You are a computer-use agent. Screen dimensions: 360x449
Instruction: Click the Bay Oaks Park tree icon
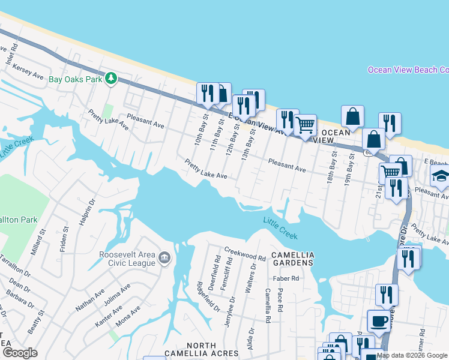click(x=110, y=79)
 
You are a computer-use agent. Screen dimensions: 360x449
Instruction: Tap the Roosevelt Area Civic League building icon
click(x=164, y=259)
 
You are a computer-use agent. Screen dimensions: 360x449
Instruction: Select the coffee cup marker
click(x=378, y=320)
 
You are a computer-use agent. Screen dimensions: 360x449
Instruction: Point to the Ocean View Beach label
click(x=408, y=70)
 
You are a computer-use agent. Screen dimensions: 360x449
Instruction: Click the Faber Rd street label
click(x=286, y=278)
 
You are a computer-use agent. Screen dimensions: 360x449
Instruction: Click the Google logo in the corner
click(x=20, y=352)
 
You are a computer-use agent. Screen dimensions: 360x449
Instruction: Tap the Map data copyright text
click(x=412, y=355)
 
